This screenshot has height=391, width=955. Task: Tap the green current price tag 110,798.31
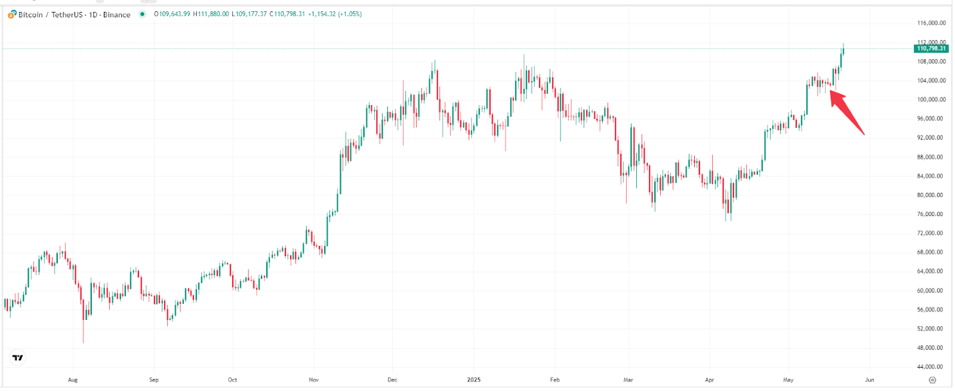click(x=931, y=48)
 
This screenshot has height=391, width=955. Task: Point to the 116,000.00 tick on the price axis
click(x=931, y=23)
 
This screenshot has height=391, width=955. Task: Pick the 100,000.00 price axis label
click(x=931, y=100)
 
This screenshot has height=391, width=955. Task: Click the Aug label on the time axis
click(x=73, y=380)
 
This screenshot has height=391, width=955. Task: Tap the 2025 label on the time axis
click(x=474, y=380)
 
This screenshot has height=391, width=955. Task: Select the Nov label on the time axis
click(x=314, y=380)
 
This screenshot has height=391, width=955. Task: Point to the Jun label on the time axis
click(x=870, y=380)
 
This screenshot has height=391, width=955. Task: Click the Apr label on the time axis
click(x=710, y=380)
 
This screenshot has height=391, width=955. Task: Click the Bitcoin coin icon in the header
click(x=12, y=14)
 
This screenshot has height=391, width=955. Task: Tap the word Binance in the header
click(x=116, y=14)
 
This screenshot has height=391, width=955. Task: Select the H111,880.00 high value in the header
click(x=211, y=14)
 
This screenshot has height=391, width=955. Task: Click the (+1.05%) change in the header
click(x=350, y=14)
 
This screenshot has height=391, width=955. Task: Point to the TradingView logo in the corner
click(x=18, y=358)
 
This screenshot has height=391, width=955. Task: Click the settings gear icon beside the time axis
click(x=932, y=380)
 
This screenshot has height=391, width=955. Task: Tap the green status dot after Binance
click(x=142, y=14)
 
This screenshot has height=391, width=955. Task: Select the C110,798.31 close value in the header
click(x=287, y=14)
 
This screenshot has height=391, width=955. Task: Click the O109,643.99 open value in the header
click(x=172, y=14)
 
